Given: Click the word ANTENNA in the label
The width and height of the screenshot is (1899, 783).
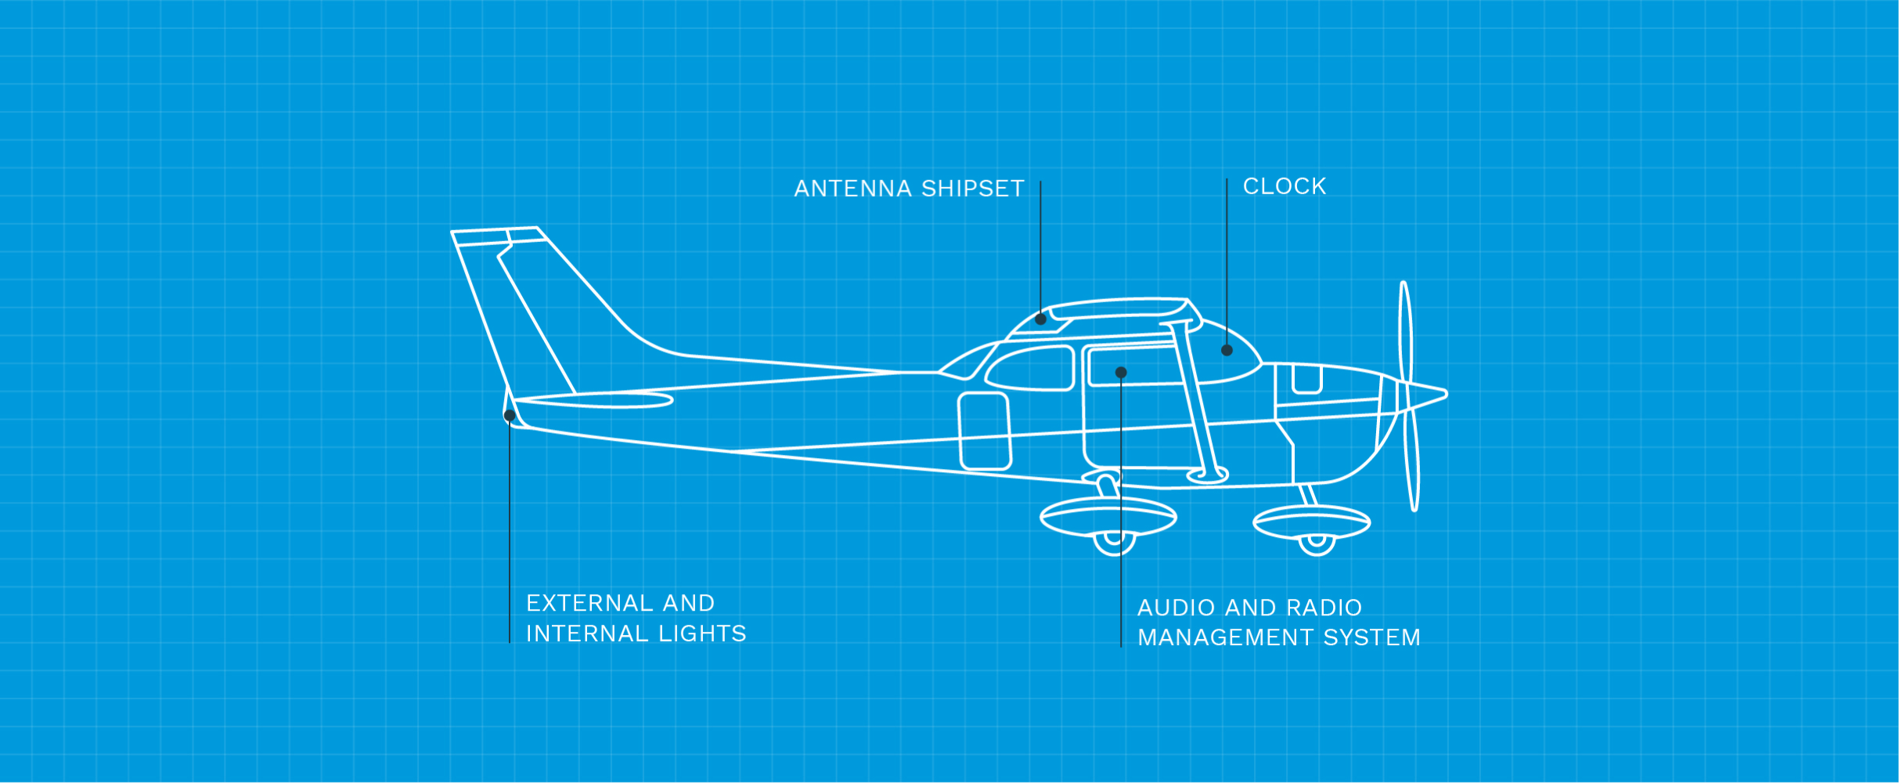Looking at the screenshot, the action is pos(852,189).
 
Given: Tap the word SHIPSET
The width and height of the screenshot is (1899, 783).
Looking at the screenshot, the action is pos(973,189).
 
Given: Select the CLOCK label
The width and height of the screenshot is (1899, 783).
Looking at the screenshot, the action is pos(1285,186).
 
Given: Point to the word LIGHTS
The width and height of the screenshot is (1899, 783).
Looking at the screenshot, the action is pos(702,633).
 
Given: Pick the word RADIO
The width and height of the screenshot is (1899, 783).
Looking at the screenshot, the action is pos(1324,608).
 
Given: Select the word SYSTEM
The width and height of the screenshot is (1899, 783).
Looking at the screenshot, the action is pos(1371,637).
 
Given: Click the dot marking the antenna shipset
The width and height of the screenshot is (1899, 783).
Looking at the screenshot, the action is pos(1040,319).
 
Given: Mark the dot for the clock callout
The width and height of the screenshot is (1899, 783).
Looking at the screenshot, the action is pos(1227,350).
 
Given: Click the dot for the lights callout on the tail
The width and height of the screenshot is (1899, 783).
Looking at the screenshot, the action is pos(510,416).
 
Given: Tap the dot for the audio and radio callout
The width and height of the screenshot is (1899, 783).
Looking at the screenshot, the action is pos(1121,373).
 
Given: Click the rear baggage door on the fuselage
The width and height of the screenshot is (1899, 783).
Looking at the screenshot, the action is pos(985,431).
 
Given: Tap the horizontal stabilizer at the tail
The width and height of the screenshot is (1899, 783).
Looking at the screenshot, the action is pos(593,402).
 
